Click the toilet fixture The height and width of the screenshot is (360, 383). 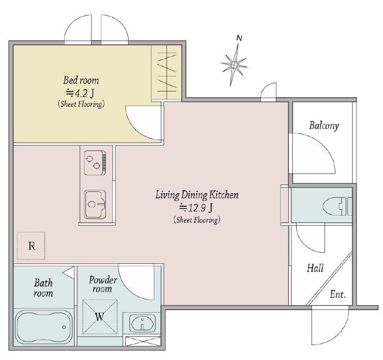pos(337,206)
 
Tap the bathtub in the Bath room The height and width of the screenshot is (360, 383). pos(44,327)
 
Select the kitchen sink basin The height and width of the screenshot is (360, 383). pos(95,204)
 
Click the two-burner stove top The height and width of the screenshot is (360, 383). pos(95,163)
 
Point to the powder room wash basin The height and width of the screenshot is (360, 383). pos(142,324)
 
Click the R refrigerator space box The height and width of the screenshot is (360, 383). pos(31,245)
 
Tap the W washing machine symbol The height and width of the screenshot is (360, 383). pos(100,317)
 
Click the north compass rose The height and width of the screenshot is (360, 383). pos(234,65)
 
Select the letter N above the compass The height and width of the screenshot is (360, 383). pos(240,38)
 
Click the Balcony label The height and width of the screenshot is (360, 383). pos(324,126)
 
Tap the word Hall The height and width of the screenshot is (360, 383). pos(315,268)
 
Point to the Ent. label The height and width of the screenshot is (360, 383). pos(338,294)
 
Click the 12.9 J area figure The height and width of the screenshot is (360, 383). pos(197,208)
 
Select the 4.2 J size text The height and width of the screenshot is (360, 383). pos(80,93)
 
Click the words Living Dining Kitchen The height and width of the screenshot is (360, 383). pos(197,195)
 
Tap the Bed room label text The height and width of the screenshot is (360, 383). pos(81,80)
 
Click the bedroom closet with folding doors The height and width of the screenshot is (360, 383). pos(166,72)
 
